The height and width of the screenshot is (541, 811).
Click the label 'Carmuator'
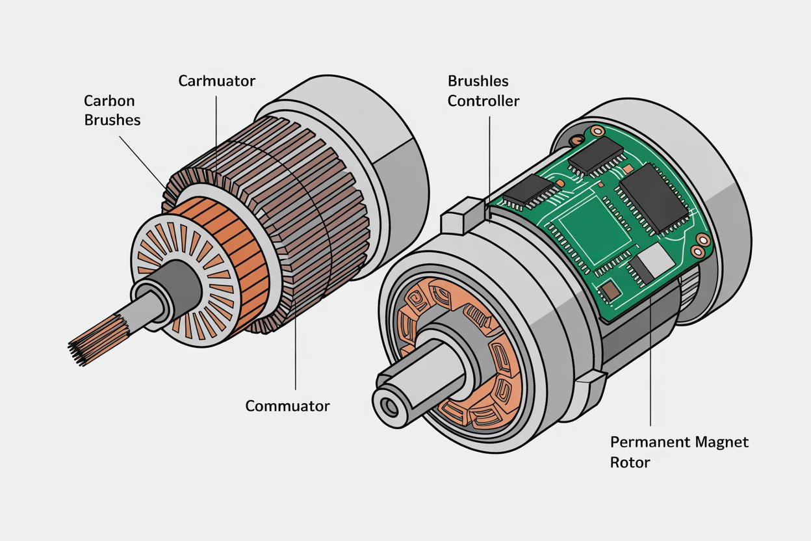[216, 81]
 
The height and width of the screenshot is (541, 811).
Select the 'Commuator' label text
[287, 406]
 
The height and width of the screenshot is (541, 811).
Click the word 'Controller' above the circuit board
[483, 101]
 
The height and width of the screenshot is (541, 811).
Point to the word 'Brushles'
[478, 81]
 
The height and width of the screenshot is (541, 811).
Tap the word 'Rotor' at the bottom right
[630, 463]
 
